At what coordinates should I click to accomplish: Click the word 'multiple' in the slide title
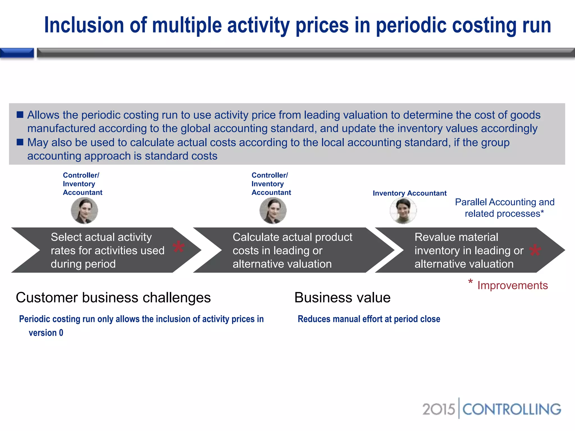(x=187, y=25)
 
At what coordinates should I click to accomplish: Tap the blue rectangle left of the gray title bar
(x=17, y=53)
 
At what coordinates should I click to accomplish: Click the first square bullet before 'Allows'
(x=20, y=115)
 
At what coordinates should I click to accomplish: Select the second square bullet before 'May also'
(x=20, y=142)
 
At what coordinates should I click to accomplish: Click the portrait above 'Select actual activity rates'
(x=84, y=210)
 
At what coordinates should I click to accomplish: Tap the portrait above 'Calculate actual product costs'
(x=273, y=210)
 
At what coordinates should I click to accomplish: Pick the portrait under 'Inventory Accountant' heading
(x=403, y=210)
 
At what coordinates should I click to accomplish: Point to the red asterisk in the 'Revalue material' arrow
(x=535, y=251)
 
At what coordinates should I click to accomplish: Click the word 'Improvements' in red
(x=512, y=285)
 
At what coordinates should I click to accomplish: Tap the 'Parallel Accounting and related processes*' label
(x=505, y=208)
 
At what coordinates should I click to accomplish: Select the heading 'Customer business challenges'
(x=113, y=297)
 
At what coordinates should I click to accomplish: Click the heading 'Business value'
(x=342, y=297)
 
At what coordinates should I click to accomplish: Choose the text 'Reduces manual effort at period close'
(x=369, y=319)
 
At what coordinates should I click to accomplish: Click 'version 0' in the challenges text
(x=46, y=333)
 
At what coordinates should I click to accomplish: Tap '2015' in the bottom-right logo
(x=438, y=409)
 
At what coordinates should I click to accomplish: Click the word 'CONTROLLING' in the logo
(x=512, y=409)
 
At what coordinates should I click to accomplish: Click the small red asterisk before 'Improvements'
(x=470, y=282)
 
